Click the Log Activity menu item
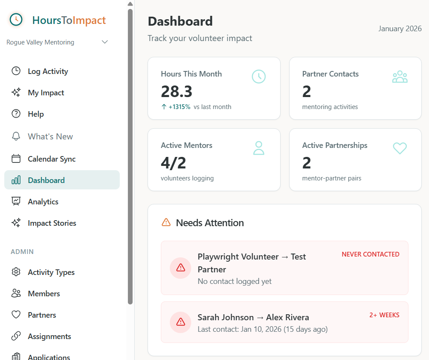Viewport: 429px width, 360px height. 47,71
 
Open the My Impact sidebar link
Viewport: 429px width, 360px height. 46,93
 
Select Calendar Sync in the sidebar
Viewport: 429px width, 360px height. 51,159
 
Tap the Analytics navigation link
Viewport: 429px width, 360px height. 43,202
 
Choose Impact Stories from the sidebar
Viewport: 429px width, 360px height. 52,223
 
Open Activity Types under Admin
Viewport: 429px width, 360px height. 51,272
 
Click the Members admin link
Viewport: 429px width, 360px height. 44,294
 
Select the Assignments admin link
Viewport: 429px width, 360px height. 49,336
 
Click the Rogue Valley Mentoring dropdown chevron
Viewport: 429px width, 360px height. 105,42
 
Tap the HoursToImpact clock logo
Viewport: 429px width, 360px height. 16,20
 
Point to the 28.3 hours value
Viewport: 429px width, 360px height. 177,91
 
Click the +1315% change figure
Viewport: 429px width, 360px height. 179,107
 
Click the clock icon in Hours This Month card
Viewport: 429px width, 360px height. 259,77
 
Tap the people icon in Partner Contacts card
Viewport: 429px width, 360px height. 400,77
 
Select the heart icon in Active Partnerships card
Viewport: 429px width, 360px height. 400,148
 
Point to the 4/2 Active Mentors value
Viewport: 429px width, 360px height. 173,163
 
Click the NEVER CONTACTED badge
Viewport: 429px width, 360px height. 370,254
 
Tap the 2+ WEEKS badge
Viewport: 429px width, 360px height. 384,315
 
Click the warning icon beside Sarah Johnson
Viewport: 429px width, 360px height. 180,322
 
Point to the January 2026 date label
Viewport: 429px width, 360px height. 400,29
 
